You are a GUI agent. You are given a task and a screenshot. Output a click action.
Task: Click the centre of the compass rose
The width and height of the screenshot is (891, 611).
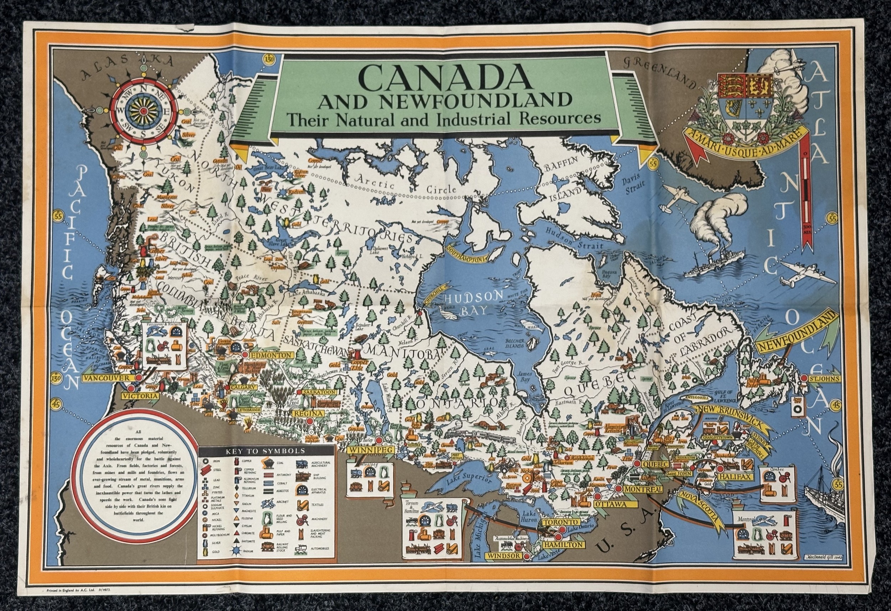pyautogui.click(x=143, y=111)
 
